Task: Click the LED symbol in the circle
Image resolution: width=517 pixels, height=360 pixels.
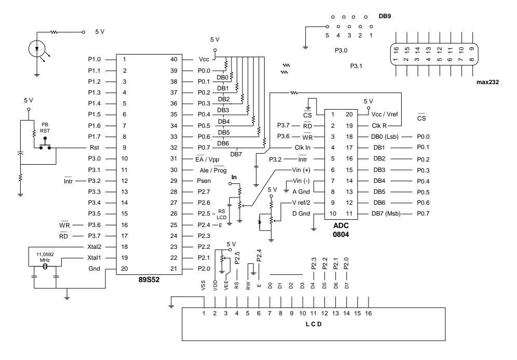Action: pyautogui.click(x=37, y=49)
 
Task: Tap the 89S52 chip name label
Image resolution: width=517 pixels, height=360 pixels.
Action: pyautogui.click(x=148, y=280)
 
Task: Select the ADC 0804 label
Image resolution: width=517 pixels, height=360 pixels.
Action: pyautogui.click(x=341, y=230)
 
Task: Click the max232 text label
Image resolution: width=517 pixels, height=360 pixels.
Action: pyautogui.click(x=487, y=82)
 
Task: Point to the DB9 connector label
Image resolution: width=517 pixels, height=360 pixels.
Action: pyautogui.click(x=385, y=16)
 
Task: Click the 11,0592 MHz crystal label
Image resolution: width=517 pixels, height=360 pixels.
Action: pyautogui.click(x=45, y=257)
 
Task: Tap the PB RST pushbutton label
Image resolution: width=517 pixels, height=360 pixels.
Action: pyautogui.click(x=45, y=128)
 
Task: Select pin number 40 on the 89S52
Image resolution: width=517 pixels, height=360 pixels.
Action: pyautogui.click(x=174, y=59)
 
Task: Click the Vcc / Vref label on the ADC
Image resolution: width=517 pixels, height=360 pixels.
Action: pyautogui.click(x=385, y=114)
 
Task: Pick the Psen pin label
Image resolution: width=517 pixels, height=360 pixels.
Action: pyautogui.click(x=203, y=181)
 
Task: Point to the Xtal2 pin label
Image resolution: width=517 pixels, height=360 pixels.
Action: pyautogui.click(x=94, y=247)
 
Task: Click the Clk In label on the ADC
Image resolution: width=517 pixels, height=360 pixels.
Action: pyautogui.click(x=302, y=148)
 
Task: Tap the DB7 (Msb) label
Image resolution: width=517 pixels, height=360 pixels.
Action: pyautogui.click(x=386, y=214)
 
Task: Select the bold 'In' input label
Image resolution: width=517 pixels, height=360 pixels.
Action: pyautogui.click(x=234, y=177)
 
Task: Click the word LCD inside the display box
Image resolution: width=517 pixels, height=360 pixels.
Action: pyautogui.click(x=314, y=324)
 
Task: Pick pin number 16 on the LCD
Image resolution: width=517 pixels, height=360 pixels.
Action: pyautogui.click(x=369, y=313)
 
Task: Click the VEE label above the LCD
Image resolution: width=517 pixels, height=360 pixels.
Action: pyautogui.click(x=226, y=285)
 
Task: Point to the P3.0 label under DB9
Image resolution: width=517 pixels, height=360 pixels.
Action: pyautogui.click(x=341, y=50)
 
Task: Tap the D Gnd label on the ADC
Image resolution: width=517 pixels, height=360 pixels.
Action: pyautogui.click(x=301, y=214)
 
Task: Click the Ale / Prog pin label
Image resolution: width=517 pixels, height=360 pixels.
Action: pyautogui.click(x=213, y=170)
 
